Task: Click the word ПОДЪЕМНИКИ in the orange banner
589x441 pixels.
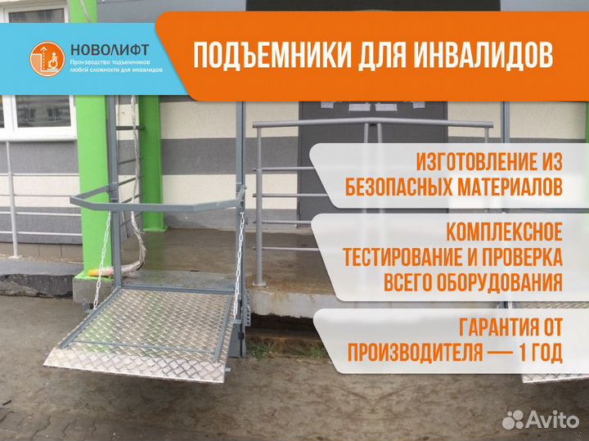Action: point(261,56)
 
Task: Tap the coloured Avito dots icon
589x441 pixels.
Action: point(514,420)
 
